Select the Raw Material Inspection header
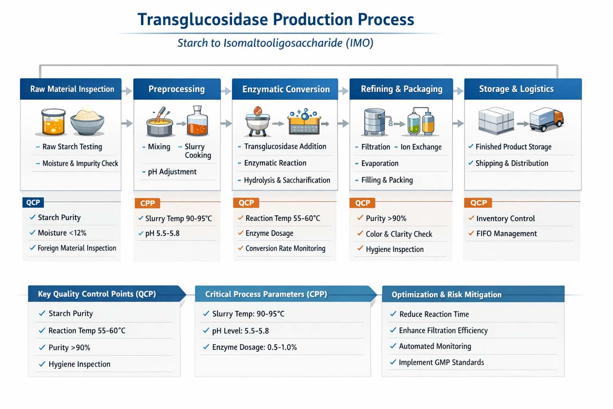pyautogui.click(x=72, y=89)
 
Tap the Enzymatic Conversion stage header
pyautogui.click(x=286, y=89)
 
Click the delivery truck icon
pyautogui.click(x=546, y=119)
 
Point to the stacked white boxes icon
pyautogui.click(x=496, y=120)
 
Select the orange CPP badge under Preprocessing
pyautogui.click(x=147, y=203)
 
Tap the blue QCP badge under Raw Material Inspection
pyautogui.click(x=33, y=203)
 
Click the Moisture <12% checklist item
pyautogui.click(x=62, y=233)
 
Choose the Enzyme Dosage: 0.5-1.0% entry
pyautogui.click(x=254, y=347)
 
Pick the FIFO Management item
pyautogui.click(x=506, y=234)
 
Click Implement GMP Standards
pyautogui.click(x=441, y=362)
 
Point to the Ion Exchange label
pyautogui.click(x=421, y=147)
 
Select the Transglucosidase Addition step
pyautogui.click(x=285, y=147)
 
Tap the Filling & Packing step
pyautogui.click(x=387, y=180)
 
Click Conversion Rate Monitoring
pyautogui.click(x=285, y=248)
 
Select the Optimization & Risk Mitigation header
pyautogui.click(x=446, y=294)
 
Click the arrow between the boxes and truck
pyautogui.click(x=522, y=124)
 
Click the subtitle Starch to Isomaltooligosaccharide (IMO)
pyautogui.click(x=275, y=43)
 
